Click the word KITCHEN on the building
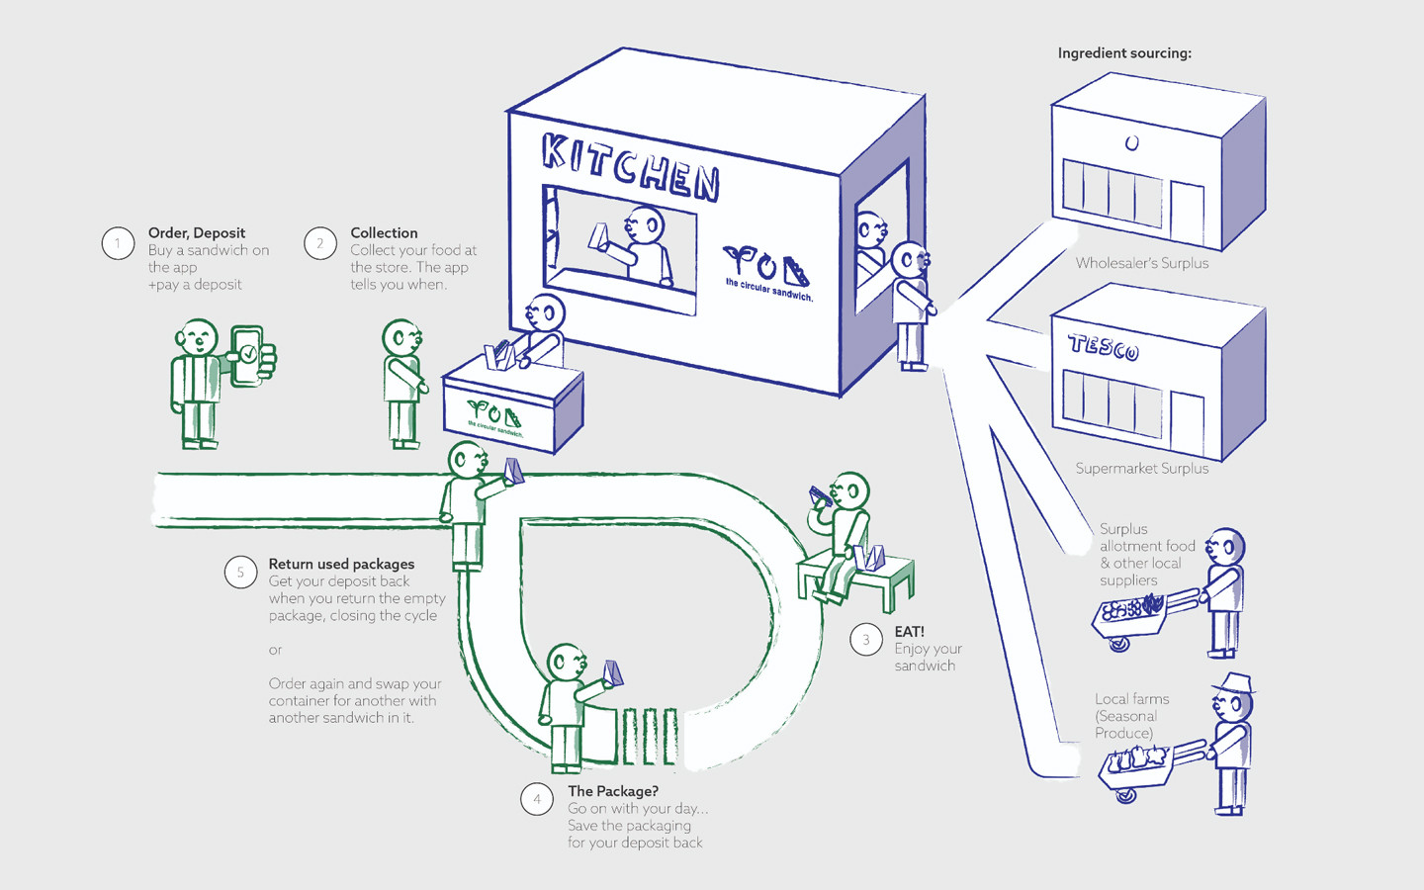click(x=630, y=166)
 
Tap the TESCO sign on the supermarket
click(x=1104, y=347)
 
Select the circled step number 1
click(x=118, y=242)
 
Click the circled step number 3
click(x=866, y=640)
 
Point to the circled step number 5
click(x=240, y=573)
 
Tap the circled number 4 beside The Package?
click(x=537, y=799)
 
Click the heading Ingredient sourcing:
click(x=1124, y=53)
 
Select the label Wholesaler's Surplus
click(x=1142, y=263)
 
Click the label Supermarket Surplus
click(x=1142, y=469)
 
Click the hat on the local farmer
click(x=1233, y=683)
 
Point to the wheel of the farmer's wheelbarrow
click(x=1125, y=794)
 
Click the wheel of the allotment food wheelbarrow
click(x=1119, y=645)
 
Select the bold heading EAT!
click(x=909, y=632)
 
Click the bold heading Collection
click(x=384, y=233)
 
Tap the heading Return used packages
click(x=341, y=565)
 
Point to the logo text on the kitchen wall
click(x=768, y=290)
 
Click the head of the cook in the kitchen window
click(x=646, y=223)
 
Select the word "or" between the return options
click(x=275, y=650)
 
